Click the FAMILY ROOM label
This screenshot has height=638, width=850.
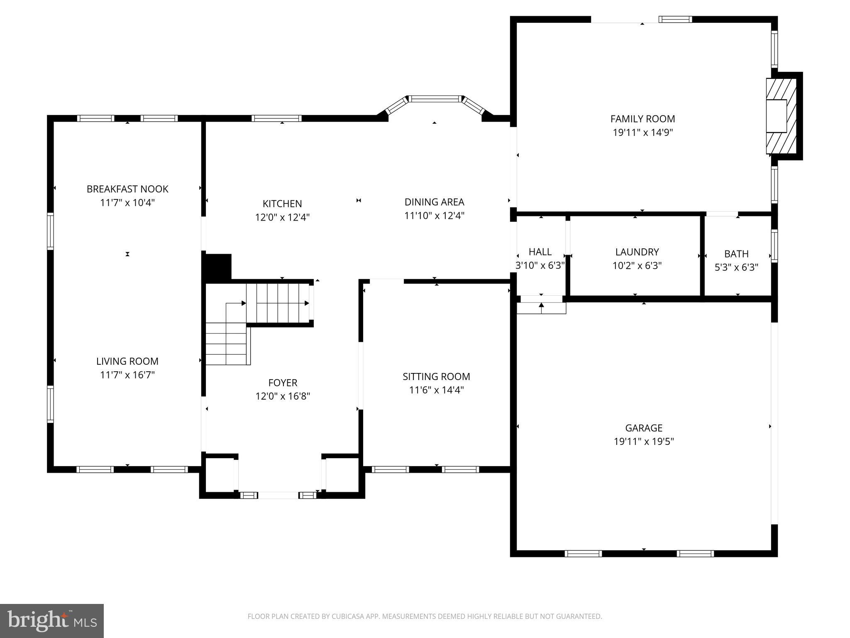coord(642,119)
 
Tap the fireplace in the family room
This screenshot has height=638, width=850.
coord(781,116)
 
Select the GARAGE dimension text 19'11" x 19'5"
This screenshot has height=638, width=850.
coord(644,441)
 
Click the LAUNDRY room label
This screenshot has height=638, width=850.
coord(637,252)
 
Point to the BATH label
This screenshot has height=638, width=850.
coord(736,254)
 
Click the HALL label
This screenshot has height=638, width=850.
coord(540,252)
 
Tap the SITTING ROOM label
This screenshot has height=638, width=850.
coord(436,376)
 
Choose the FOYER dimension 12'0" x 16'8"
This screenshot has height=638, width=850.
coord(283,396)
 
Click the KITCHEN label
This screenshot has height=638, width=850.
coord(282,204)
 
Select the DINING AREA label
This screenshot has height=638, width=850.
coord(434,202)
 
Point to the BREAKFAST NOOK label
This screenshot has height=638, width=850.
coord(127,189)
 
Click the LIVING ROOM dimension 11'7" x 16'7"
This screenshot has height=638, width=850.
coord(127,375)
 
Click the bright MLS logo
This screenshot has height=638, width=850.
coord(52,621)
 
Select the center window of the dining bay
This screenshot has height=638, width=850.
coord(435,99)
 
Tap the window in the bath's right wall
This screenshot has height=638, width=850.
coord(774,245)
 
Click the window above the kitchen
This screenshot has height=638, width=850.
coord(276,118)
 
